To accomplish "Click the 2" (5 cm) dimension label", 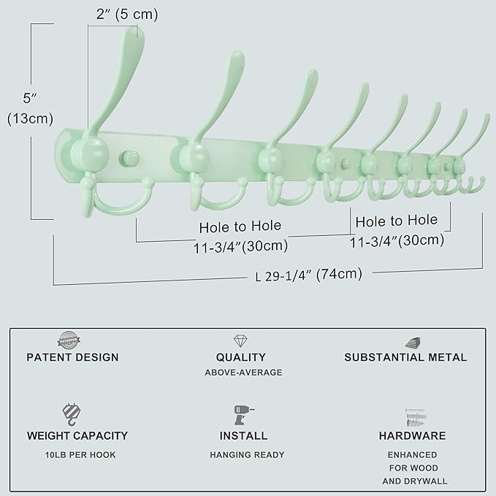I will [126, 15].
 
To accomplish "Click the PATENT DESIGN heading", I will [72, 357].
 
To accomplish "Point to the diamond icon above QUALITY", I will [240, 341].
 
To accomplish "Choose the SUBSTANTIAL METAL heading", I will [405, 357].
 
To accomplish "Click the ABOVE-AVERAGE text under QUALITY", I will [244, 373].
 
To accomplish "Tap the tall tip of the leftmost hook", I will [135, 33].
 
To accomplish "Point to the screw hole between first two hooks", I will [131, 156].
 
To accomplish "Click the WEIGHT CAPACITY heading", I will [77, 435].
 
